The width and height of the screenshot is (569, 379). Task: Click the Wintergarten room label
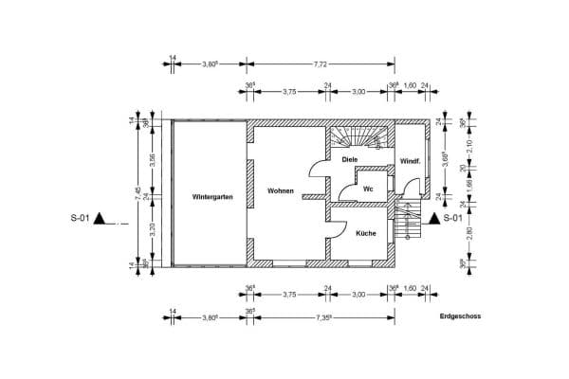[211, 197]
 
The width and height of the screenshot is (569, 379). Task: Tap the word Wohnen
[281, 190]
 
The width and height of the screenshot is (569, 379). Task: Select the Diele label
[350, 160]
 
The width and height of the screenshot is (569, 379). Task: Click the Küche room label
[366, 232]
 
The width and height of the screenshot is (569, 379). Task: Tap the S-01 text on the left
[80, 219]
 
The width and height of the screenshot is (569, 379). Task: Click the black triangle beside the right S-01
[433, 219]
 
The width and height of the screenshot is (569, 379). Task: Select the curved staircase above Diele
[359, 136]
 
